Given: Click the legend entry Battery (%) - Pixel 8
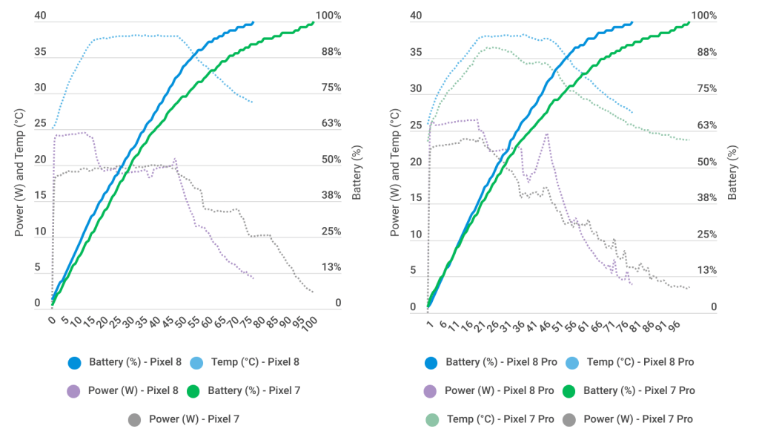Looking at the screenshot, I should pos(123,363).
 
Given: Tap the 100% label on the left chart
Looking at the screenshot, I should pos(328,16).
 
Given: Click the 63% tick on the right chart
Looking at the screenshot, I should pos(705,125).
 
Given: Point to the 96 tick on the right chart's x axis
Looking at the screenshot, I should pos(674,326).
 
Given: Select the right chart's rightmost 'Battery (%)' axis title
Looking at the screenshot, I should pos(734,172).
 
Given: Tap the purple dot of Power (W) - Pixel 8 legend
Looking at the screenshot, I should pos(73,390).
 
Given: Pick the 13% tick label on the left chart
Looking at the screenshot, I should pos(331,267).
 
